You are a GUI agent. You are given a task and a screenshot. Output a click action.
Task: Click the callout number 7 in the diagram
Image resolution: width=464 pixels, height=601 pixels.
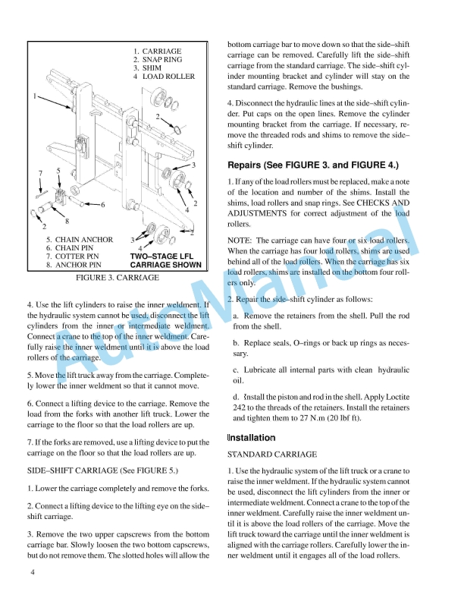[x=40, y=174]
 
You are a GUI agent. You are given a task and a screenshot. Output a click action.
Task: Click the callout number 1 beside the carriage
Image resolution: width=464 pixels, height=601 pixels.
[x=35, y=96]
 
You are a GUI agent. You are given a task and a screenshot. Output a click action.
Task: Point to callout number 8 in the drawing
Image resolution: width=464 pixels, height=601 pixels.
[x=67, y=221]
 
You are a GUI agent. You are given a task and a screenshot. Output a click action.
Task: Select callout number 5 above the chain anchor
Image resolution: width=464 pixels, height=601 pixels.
[x=58, y=171]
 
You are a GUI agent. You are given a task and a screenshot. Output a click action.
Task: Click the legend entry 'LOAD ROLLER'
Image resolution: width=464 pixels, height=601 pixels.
[x=168, y=76]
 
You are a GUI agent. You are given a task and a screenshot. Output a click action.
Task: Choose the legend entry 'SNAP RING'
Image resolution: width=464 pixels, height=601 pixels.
[x=161, y=59]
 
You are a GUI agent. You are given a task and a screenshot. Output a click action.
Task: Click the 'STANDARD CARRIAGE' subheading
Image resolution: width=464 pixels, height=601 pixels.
[x=272, y=455]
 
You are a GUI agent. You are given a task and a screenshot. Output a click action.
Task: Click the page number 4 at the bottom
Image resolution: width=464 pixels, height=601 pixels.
[x=33, y=571]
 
